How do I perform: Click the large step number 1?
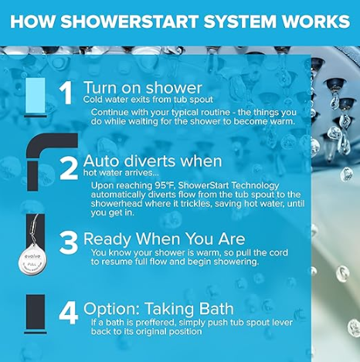pos(66,93)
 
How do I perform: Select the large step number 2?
pos(69,168)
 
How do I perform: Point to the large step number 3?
pos(69,243)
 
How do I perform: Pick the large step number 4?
pos(69,313)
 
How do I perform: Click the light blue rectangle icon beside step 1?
pos(36,96)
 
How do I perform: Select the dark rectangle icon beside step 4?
pos(36,313)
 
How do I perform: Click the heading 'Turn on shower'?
pos(143,88)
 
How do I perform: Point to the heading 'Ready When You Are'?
pos(165,239)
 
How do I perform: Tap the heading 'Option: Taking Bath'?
pos(158,309)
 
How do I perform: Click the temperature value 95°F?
pos(165,185)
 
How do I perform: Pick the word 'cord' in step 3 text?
pos(278,252)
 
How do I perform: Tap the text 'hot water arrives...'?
pos(121,173)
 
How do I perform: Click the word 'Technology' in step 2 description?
pos(255,186)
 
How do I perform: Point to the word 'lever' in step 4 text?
pos(283,323)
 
